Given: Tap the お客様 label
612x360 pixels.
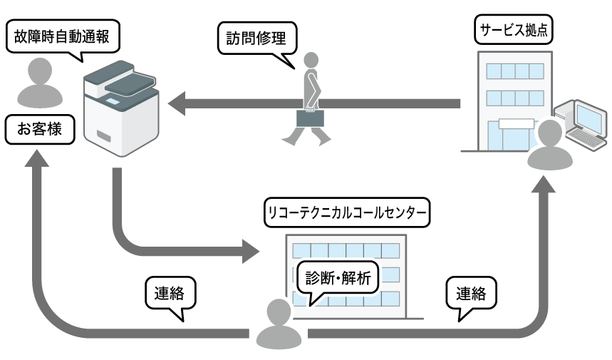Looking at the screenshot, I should pos(39,130).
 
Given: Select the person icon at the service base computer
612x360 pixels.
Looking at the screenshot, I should pos(550,145).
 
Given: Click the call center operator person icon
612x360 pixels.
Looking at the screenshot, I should pos(279,324).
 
